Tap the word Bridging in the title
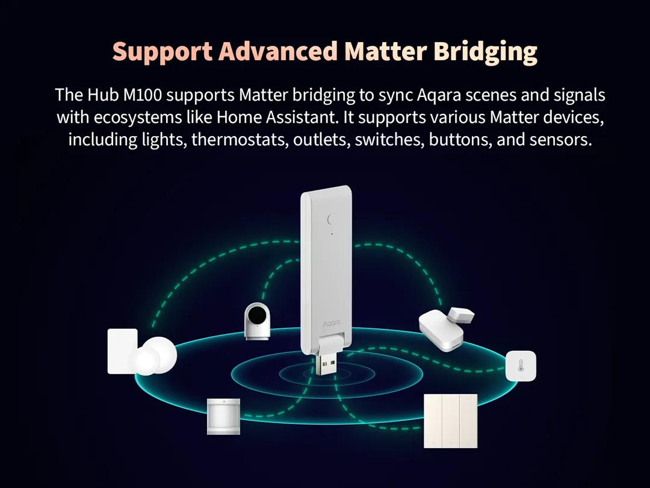485,53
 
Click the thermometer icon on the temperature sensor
521,366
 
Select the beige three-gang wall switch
450,421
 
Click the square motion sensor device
223,416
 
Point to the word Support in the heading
162,53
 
